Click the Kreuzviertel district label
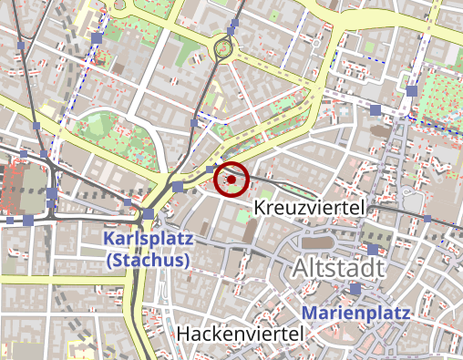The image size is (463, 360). pos(310,209)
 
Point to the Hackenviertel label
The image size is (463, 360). pos(240,334)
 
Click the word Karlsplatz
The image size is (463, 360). pos(147,240)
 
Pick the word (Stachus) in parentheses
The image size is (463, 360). pos(147,260)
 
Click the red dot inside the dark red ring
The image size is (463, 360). pos(231,180)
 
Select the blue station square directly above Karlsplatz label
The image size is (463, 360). pos(149,214)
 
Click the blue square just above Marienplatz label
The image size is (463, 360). pos(355,289)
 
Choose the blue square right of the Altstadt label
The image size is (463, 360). pos(373,249)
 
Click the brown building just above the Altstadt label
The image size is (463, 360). pos(314,242)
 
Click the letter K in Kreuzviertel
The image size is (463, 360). pos(261,209)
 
